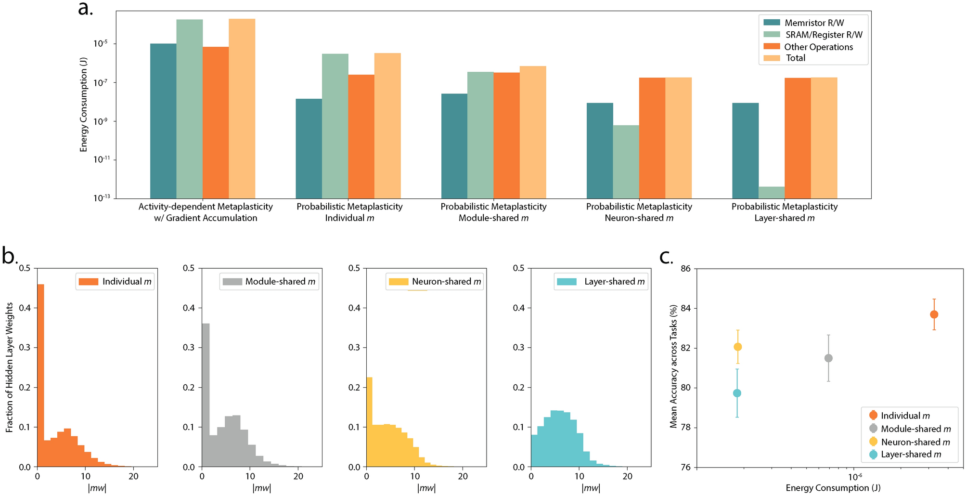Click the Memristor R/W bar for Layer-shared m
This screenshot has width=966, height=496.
point(745,150)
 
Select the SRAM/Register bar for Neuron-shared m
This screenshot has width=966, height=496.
point(626,162)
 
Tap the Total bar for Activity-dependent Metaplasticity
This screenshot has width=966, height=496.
point(242,108)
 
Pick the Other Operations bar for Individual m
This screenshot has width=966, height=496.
point(361,136)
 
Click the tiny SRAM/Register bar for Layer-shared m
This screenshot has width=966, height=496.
point(772,193)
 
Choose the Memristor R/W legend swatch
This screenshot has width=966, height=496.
point(772,23)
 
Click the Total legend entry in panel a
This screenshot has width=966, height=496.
point(795,58)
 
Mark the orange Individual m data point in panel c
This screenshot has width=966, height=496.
point(934,314)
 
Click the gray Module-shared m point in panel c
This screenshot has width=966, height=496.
point(828,358)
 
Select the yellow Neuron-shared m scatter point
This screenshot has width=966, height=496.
point(737,347)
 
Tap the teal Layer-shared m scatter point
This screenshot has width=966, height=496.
point(737,393)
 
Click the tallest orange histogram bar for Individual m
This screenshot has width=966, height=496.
point(40,375)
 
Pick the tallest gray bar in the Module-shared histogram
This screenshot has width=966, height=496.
point(206,395)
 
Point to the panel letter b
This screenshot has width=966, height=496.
point(10,256)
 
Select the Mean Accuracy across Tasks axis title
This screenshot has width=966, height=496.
point(673,366)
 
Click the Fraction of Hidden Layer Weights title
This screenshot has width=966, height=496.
point(9,367)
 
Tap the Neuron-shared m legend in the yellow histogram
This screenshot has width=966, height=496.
point(435,282)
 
